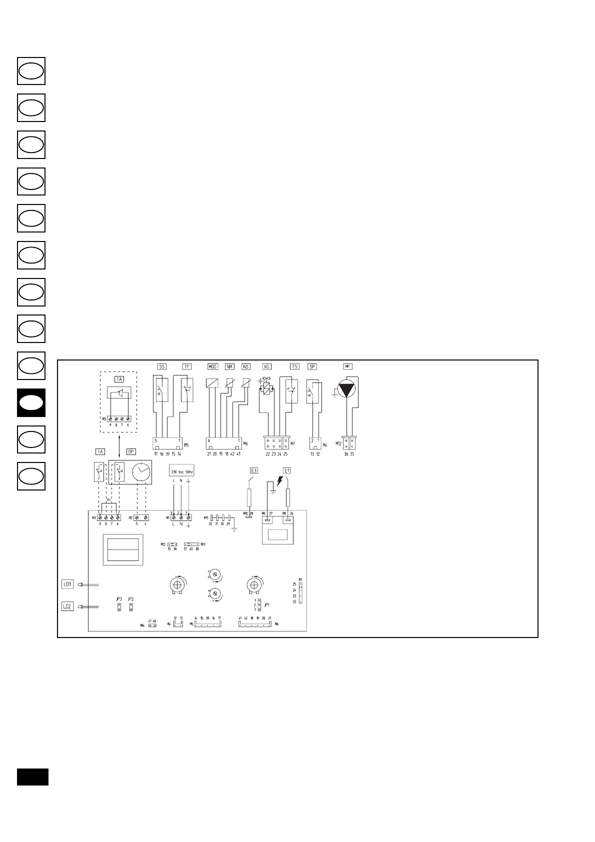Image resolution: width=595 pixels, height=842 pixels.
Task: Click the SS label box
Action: (161, 366)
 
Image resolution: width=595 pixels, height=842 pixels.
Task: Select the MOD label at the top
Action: (212, 366)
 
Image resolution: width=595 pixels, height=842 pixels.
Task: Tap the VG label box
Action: (267, 366)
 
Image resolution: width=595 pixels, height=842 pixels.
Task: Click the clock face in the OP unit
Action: (141, 472)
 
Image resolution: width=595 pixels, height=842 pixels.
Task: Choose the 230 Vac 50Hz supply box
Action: (181, 471)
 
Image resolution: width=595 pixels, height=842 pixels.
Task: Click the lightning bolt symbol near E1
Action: (279, 481)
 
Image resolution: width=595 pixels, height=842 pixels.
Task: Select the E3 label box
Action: (253, 470)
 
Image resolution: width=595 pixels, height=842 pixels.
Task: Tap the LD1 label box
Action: (67, 584)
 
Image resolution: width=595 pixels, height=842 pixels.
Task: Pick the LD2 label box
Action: (67, 606)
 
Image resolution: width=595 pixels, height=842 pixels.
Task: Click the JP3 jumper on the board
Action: (119, 607)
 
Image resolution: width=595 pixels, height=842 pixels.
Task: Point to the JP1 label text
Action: (267, 604)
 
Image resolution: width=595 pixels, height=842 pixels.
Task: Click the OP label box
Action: (130, 451)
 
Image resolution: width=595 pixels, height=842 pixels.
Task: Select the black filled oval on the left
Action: (31, 403)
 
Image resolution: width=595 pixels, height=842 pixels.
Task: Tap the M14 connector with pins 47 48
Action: (152, 625)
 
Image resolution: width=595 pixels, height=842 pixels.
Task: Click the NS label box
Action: (245, 366)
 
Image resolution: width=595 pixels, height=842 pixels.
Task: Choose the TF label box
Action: (186, 366)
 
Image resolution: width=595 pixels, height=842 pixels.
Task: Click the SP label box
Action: (312, 366)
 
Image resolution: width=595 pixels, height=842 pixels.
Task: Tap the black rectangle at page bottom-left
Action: (32, 776)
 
